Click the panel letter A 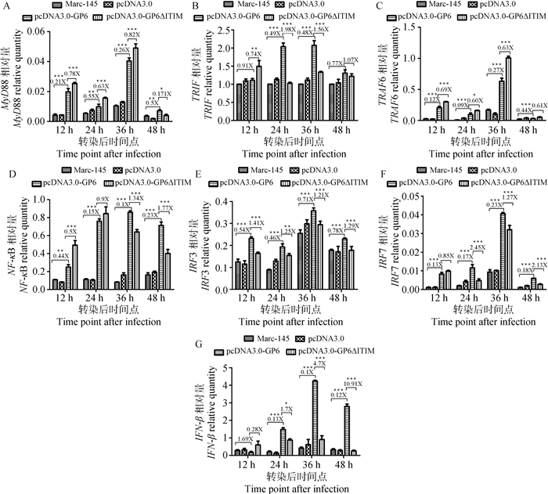6,6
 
